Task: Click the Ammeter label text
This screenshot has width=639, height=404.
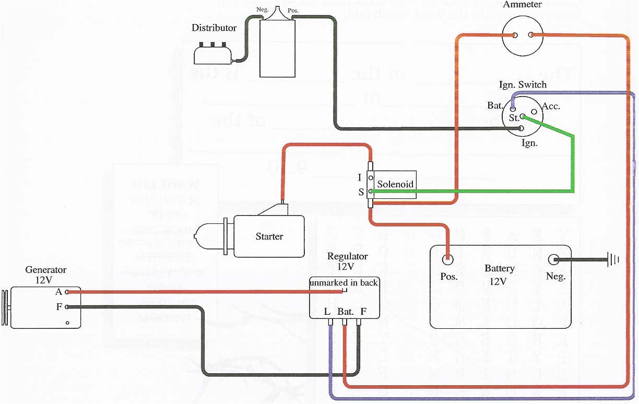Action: tap(523, 5)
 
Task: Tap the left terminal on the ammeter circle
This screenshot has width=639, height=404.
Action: tap(515, 35)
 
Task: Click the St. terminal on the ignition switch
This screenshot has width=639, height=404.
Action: tap(522, 117)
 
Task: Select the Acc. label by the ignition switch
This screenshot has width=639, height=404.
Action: tap(551, 106)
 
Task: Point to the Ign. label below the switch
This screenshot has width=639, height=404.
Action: tap(530, 142)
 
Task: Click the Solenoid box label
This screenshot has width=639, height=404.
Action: tap(395, 184)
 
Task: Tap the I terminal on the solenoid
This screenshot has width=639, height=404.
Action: tap(370, 178)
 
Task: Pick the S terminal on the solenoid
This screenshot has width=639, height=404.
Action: tap(370, 192)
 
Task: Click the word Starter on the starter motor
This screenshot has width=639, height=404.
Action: tap(269, 236)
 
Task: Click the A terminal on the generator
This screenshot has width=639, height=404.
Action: tap(67, 292)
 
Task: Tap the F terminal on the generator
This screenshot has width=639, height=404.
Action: tap(67, 307)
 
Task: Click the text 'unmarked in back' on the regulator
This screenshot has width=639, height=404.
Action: tap(344, 283)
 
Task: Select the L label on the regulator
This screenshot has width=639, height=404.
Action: tap(327, 312)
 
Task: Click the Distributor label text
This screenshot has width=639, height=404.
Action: tap(214, 28)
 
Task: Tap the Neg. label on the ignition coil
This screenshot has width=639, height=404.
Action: tap(262, 9)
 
